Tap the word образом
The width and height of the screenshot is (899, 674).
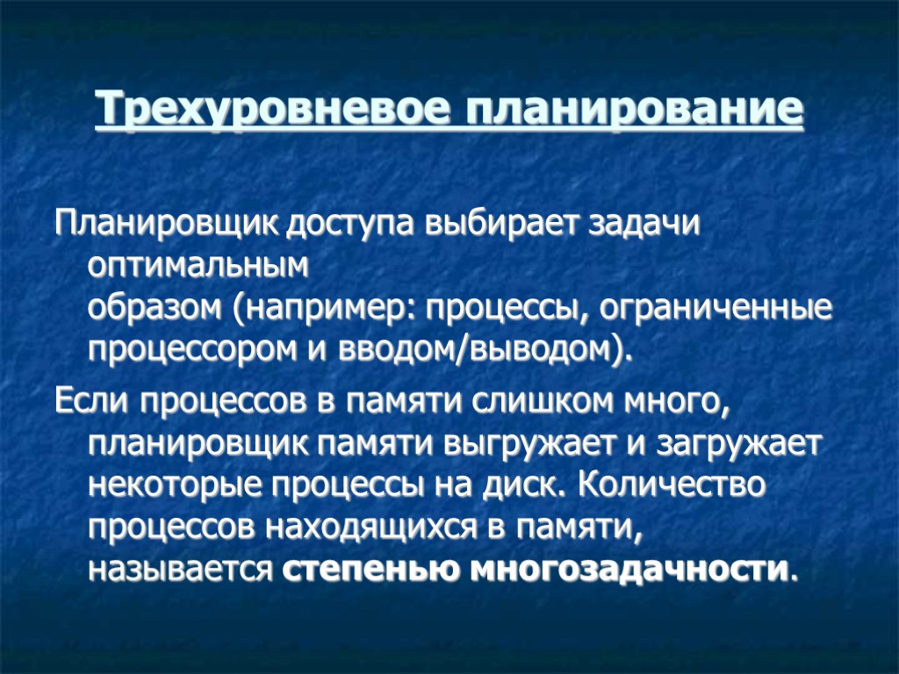click(155, 309)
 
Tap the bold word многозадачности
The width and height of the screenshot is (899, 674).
click(626, 570)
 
